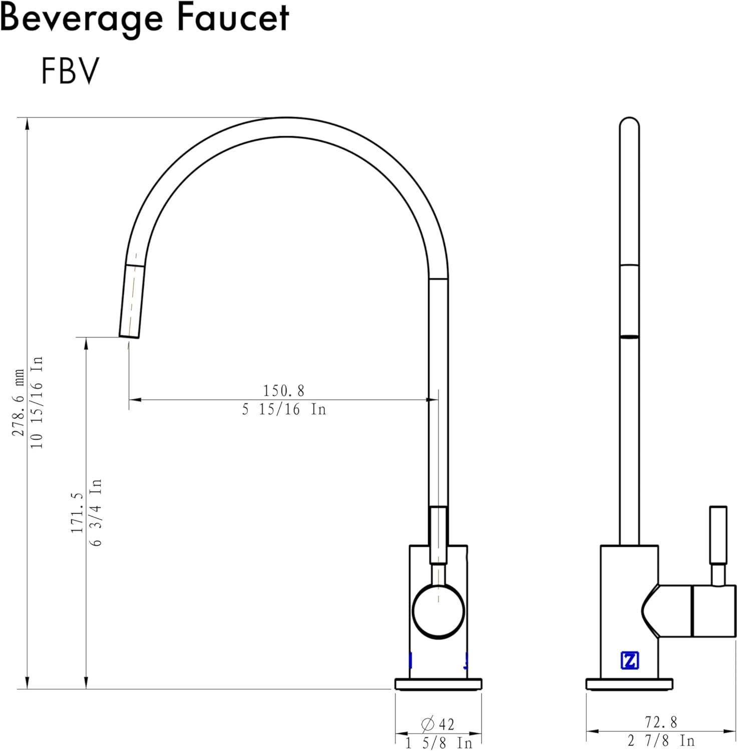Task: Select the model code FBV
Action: tap(70, 71)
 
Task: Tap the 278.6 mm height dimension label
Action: tap(19, 403)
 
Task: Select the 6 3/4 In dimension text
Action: tap(96, 512)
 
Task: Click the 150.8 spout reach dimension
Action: tap(283, 390)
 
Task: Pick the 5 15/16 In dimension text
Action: tap(284, 410)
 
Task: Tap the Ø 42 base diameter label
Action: tap(438, 724)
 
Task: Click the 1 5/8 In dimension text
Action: tap(439, 743)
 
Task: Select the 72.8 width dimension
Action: tap(661, 722)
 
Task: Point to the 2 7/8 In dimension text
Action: tap(661, 740)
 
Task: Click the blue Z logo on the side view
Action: tap(629, 660)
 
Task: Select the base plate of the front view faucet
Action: tap(438, 684)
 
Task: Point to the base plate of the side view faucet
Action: tap(629, 684)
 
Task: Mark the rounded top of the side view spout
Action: tap(629, 123)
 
